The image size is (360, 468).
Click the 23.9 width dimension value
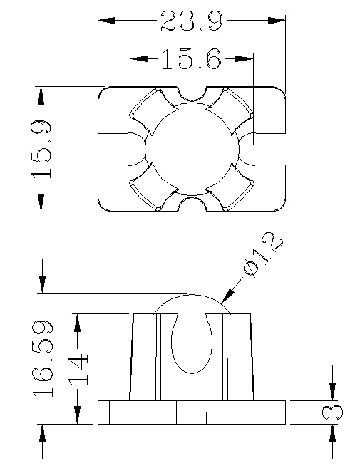coord(192,21)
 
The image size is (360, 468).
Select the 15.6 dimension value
coord(192,59)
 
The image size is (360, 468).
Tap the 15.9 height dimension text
coord(41,150)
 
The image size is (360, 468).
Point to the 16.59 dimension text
coord(43,359)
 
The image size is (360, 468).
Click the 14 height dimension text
coord(78,369)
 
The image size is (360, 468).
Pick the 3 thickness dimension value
coord(332,412)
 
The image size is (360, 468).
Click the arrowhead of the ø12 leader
coord(227,296)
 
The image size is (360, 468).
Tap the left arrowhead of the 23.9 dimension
coord(107,21)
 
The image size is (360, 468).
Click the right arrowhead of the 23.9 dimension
coord(277,21)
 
